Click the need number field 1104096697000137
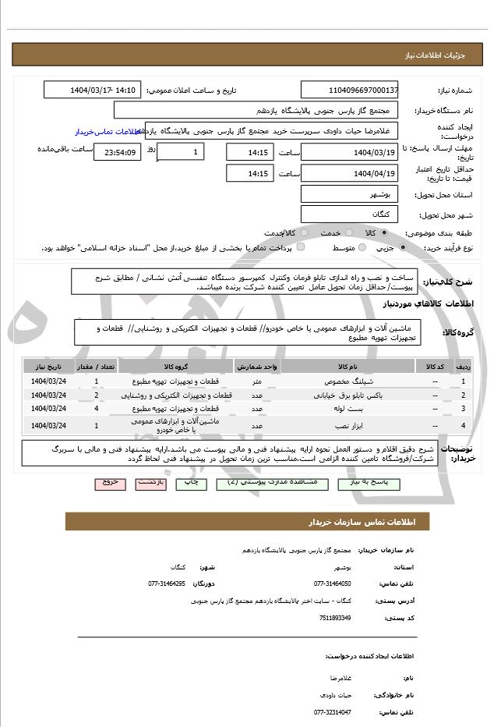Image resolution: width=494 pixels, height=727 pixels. coord(349,90)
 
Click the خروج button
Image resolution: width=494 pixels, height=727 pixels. coord(110,483)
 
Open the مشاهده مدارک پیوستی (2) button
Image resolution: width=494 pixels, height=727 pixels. coord(266,483)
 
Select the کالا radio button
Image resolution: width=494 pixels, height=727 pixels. coord(384,232)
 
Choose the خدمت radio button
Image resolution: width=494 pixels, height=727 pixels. coord(348,232)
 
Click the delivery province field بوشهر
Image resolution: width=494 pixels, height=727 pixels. coord(349,193)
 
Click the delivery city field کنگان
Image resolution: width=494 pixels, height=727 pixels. coord(349,214)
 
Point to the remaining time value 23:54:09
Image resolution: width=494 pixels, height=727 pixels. coord(117,152)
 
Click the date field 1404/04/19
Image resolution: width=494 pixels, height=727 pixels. coord(349,173)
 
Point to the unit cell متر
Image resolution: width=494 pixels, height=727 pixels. coord(256,381)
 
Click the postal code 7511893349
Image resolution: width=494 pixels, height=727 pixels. coord(335,618)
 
